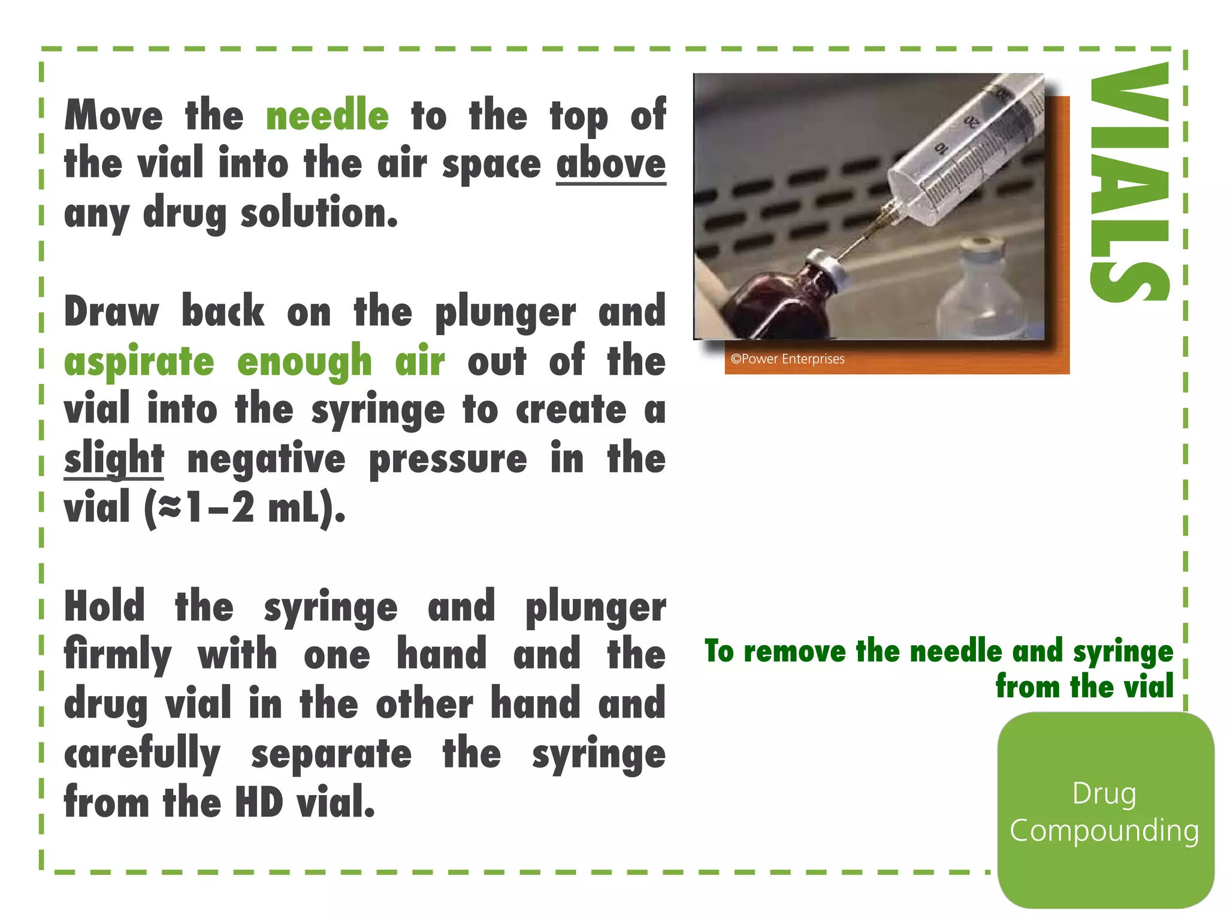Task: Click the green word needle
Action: coord(327,115)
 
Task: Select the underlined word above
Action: coord(611,164)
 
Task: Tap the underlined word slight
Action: coord(114,459)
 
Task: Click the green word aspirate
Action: coord(139,362)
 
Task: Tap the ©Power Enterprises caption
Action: coord(787,359)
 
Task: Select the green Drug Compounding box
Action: coord(1105,811)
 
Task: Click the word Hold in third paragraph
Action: coord(105,606)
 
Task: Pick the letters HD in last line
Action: coord(259,802)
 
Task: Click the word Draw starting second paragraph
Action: coord(112,312)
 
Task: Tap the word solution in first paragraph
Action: coord(319,213)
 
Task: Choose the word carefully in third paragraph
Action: coord(143,754)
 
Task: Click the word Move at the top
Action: coord(114,115)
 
